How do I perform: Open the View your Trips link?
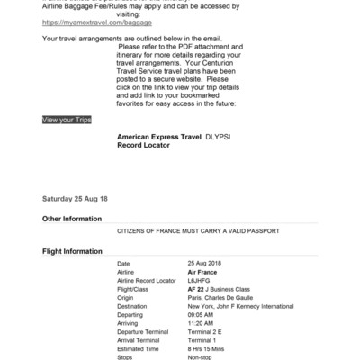click(67, 119)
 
